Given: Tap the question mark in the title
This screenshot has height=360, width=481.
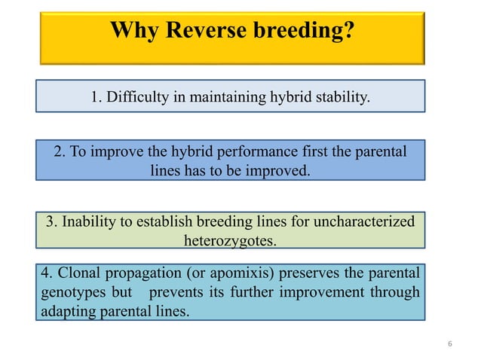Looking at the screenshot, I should click(348, 31).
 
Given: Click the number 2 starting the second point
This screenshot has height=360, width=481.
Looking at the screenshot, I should click(60, 151).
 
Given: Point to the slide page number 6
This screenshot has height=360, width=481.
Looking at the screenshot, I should click(449, 344).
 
